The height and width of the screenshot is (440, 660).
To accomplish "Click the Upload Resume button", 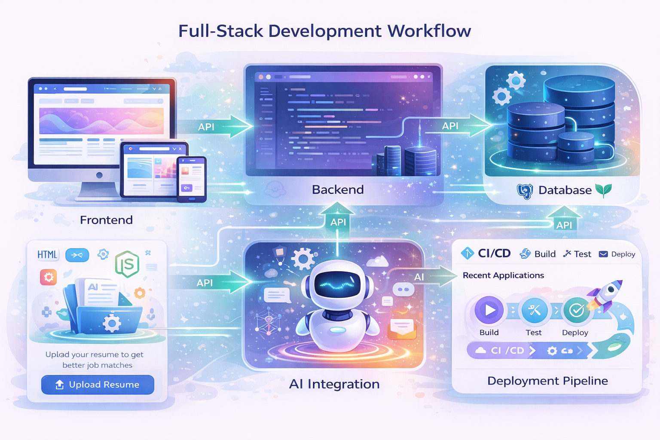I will (x=98, y=385).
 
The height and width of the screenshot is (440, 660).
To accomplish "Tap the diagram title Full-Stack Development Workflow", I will (x=324, y=31).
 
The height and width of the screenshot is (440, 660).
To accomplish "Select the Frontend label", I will (x=106, y=220).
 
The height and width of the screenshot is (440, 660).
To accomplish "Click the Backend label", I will (x=338, y=189).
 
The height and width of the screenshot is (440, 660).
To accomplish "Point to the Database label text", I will (x=565, y=190).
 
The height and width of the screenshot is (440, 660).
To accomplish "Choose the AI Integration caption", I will (x=334, y=384).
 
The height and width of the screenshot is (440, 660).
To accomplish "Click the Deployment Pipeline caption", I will (x=547, y=381).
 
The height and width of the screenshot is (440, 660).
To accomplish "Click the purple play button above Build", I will (x=489, y=310).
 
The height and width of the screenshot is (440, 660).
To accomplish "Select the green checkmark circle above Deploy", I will (x=576, y=310).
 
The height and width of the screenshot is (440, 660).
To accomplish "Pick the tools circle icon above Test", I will (x=534, y=310).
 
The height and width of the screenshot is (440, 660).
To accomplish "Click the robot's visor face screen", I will (x=337, y=284).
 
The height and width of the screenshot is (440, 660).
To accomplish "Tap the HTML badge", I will (x=47, y=255).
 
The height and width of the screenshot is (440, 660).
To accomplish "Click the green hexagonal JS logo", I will (x=127, y=264).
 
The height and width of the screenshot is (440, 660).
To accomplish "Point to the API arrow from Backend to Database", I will (x=455, y=126).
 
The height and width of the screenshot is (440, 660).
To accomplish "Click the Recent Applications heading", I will (x=503, y=275).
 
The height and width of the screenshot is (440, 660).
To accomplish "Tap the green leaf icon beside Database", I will (x=603, y=190).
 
